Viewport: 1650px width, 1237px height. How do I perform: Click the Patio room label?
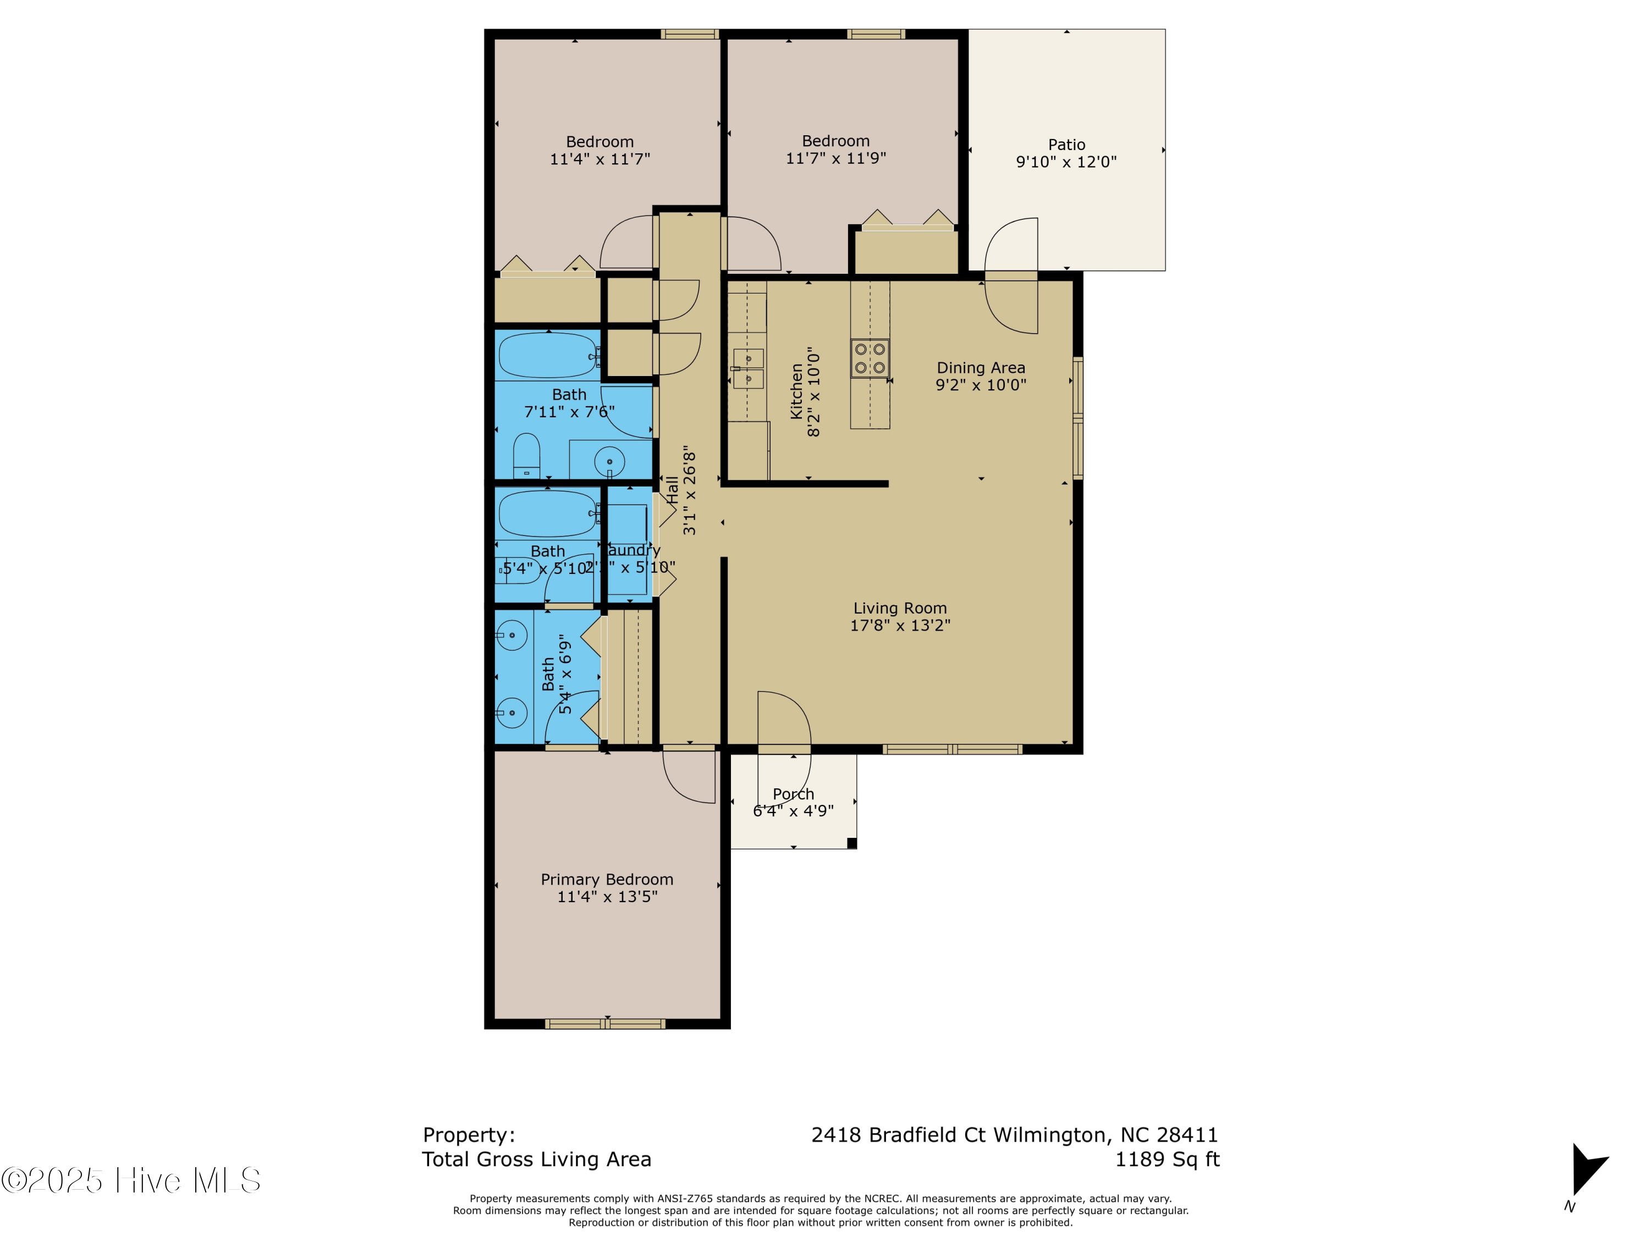click(1066, 145)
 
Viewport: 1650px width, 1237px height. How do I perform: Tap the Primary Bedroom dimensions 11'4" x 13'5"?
click(607, 897)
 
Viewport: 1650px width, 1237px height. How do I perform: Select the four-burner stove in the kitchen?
click(870, 358)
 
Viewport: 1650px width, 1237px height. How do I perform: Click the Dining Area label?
click(981, 368)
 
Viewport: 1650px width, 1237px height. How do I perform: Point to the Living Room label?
click(900, 609)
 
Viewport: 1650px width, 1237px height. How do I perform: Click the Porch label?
click(793, 794)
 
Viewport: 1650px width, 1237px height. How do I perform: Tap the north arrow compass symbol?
click(1587, 1173)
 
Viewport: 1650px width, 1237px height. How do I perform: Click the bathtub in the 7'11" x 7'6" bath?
click(547, 356)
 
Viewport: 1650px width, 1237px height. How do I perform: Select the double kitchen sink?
click(747, 369)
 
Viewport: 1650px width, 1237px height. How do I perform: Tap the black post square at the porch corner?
click(852, 843)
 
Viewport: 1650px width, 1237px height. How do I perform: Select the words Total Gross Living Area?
click(536, 1159)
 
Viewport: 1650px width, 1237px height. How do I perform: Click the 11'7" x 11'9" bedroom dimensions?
click(835, 158)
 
